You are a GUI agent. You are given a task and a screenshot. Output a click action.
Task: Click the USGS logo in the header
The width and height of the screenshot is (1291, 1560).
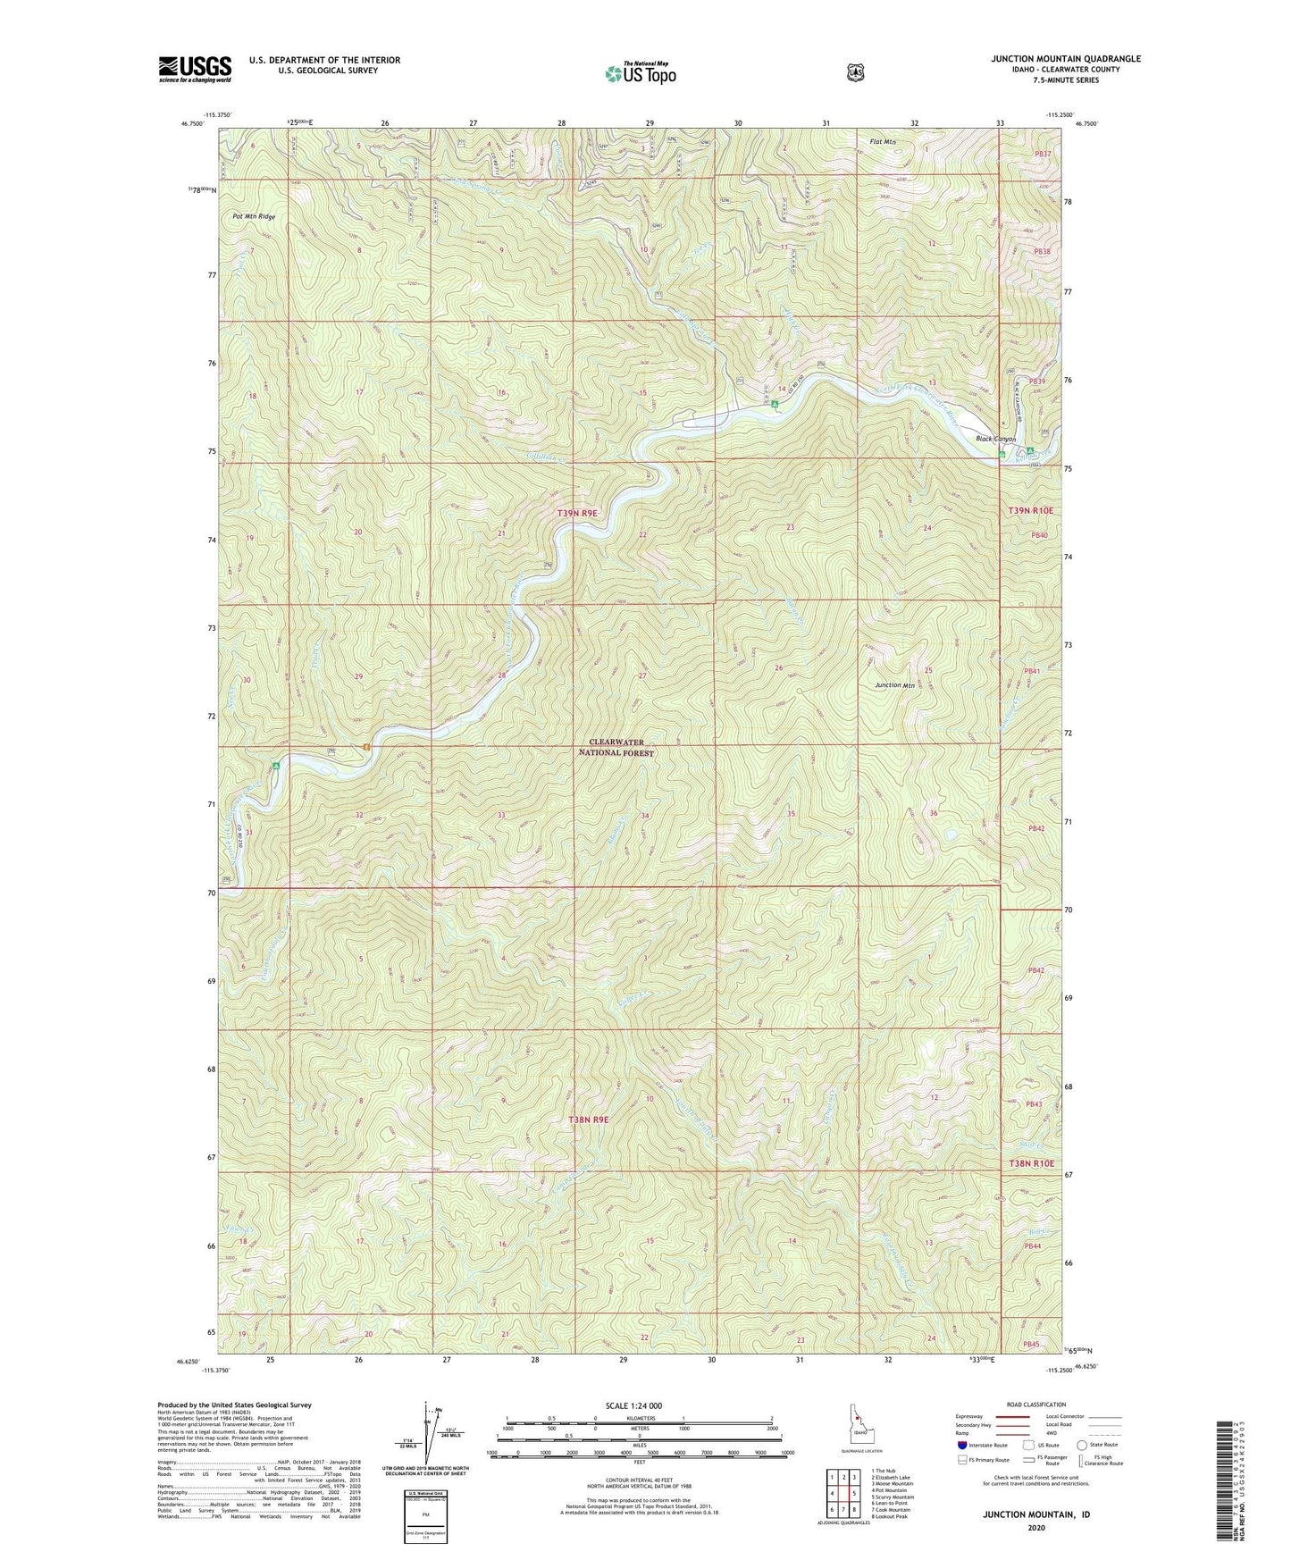tap(195, 68)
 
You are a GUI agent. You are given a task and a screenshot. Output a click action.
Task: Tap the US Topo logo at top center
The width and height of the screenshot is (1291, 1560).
tap(640, 73)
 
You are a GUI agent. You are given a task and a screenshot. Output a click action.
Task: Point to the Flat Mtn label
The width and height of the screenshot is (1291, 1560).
tap(884, 141)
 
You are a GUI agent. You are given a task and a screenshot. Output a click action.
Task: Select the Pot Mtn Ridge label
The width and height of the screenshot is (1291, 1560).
tap(254, 216)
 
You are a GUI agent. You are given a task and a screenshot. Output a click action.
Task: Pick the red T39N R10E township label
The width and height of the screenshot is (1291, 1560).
tap(1030, 510)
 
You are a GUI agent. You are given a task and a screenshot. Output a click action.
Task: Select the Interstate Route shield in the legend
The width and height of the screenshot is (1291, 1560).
tap(961, 1444)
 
